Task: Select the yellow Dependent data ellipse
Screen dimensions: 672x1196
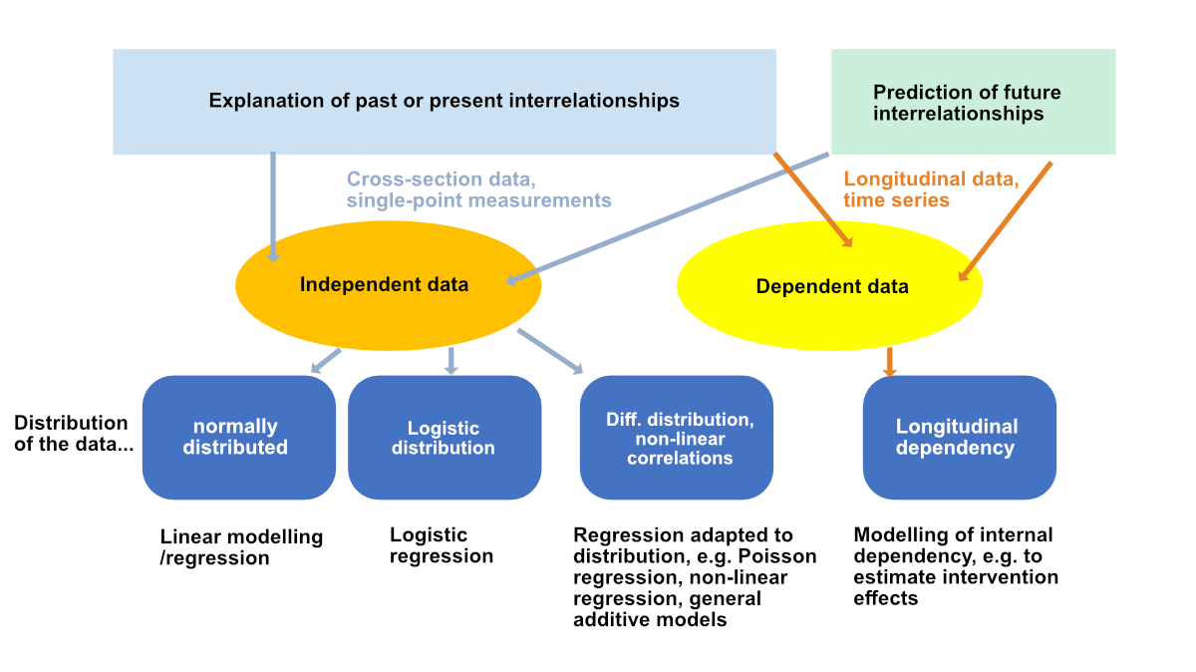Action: pyautogui.click(x=830, y=287)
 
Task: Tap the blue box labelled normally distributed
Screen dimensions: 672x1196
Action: pyautogui.click(x=238, y=438)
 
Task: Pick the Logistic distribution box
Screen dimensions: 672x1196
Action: pyautogui.click(x=444, y=438)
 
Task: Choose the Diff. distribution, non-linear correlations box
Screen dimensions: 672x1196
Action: pyautogui.click(x=678, y=438)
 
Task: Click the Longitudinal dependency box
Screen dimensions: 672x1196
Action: pyautogui.click(x=958, y=438)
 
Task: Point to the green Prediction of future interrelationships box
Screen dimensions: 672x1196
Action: pyautogui.click(x=973, y=103)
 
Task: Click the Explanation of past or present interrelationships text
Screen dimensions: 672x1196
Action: pyautogui.click(x=444, y=101)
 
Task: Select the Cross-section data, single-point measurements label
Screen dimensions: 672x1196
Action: pyautogui.click(x=478, y=189)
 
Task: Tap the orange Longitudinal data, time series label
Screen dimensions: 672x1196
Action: pyautogui.click(x=931, y=189)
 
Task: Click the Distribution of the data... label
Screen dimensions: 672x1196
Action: pyautogui.click(x=73, y=434)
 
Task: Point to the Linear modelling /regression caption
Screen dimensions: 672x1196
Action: pyautogui.click(x=241, y=546)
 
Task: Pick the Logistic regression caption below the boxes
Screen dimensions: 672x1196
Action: pyautogui.click(x=441, y=545)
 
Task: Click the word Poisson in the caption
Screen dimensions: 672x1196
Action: pyautogui.click(x=778, y=555)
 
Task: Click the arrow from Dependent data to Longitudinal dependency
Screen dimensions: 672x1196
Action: pyautogui.click(x=890, y=361)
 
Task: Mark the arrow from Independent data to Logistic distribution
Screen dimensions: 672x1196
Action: pyautogui.click(x=450, y=360)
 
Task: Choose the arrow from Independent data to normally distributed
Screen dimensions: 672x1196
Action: pyautogui.click(x=325, y=361)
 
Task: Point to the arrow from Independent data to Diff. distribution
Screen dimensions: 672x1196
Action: pyautogui.click(x=550, y=351)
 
